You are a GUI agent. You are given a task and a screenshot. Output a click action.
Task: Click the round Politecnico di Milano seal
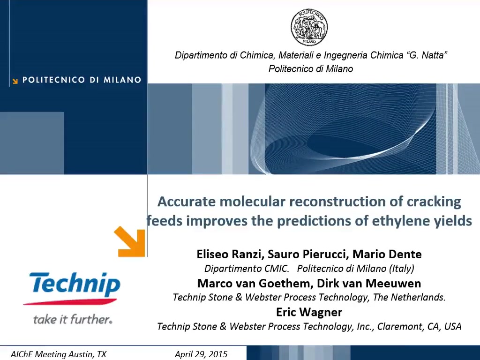click(309, 27)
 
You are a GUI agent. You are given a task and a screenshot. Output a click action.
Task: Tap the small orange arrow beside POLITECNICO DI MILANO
click(15, 81)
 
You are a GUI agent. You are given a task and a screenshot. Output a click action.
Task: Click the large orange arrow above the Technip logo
click(130, 241)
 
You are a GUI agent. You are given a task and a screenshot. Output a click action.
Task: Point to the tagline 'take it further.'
click(73, 319)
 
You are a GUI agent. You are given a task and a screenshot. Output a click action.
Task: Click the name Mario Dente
click(387, 254)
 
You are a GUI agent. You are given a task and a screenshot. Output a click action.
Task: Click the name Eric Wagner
click(309, 312)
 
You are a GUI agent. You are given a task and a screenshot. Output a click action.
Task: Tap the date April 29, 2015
click(201, 354)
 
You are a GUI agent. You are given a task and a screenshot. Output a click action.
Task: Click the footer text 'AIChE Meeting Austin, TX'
click(59, 354)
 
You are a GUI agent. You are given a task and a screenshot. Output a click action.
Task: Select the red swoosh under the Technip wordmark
click(70, 302)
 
